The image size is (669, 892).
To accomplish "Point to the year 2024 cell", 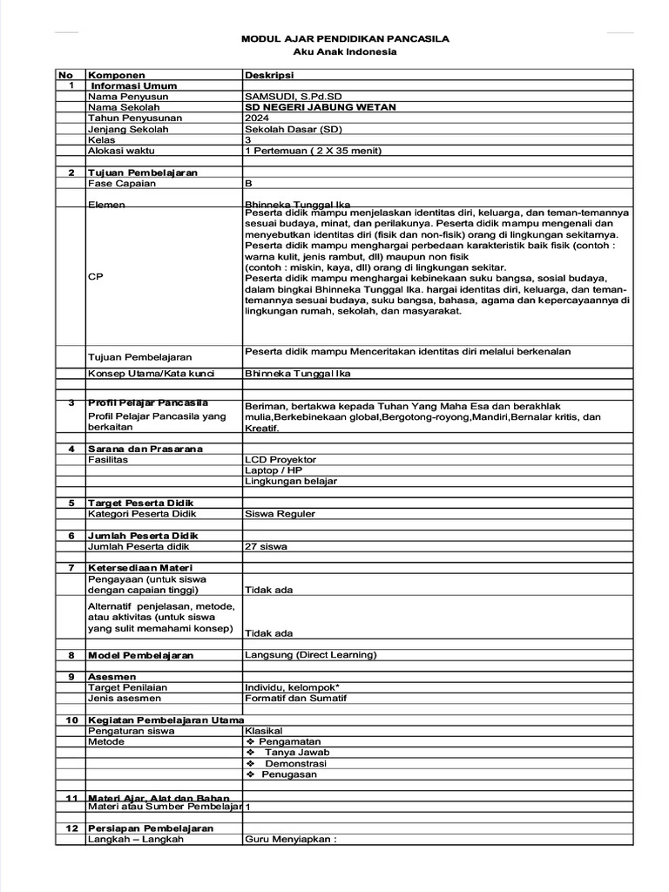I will [257, 118].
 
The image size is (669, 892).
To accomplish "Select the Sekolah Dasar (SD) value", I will [294, 129].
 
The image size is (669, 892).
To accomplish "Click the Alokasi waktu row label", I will [118, 151].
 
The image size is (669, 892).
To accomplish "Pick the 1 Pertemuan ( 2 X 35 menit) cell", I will [314, 151].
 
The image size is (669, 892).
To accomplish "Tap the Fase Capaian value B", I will [249, 184].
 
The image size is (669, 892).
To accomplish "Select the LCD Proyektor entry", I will [280, 459].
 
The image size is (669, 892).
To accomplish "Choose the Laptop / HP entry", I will [274, 470].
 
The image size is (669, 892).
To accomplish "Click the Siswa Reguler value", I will [280, 514].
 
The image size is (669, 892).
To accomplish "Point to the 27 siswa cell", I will [267, 547].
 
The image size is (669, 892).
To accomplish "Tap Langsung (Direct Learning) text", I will [311, 655].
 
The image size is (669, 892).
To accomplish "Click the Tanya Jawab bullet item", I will [297, 753].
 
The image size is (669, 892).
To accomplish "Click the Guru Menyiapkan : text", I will [290, 840].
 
